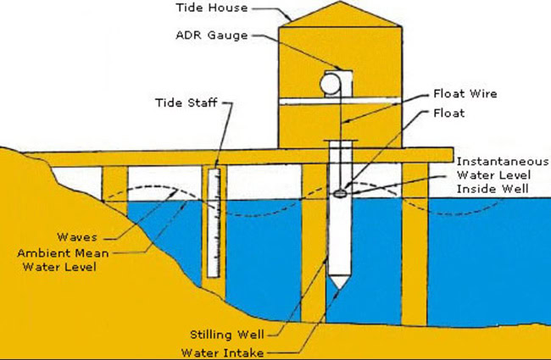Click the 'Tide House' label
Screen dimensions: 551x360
[x=212, y=8]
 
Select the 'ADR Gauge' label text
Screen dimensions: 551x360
[x=212, y=35]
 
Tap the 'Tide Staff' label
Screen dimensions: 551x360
[x=186, y=102]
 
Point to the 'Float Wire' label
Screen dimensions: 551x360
[x=465, y=93]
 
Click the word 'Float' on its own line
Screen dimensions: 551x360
[x=449, y=113]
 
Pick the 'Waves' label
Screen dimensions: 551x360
[x=77, y=236]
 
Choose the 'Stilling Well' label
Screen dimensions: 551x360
[x=227, y=335]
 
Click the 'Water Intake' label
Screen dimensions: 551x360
[x=222, y=352]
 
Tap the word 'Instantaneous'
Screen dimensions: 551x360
[x=503, y=161]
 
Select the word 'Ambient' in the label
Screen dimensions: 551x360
[x=40, y=253]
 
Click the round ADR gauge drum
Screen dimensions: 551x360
[x=331, y=84]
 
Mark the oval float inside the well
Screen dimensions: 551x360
[x=340, y=193]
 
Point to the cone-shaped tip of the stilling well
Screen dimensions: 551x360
[x=339, y=283]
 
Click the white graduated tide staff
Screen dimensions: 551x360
[x=214, y=223]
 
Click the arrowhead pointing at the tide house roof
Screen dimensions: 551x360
[x=289, y=18]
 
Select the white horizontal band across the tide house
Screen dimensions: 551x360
[x=340, y=101]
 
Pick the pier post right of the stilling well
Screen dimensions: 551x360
[x=415, y=244]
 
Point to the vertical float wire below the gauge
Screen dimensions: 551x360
[x=341, y=137]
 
